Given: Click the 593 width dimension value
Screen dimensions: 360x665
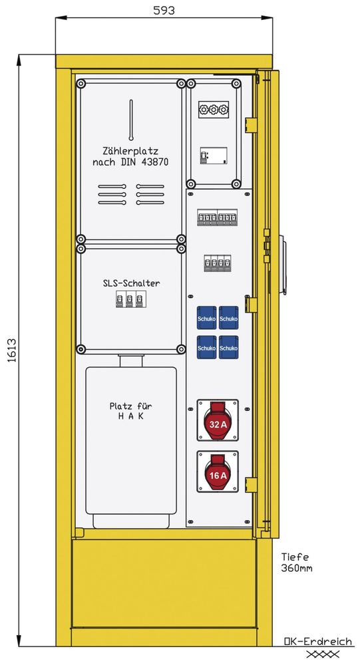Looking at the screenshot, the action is [x=164, y=10].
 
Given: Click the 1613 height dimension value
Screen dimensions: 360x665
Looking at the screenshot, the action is [x=11, y=350].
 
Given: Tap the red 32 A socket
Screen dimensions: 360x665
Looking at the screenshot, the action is [x=218, y=420].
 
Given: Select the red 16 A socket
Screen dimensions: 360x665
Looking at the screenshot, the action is [x=218, y=471].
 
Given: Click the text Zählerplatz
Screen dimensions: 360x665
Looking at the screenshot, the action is [x=130, y=150].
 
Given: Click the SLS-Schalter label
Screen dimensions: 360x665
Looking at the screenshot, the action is [x=131, y=283].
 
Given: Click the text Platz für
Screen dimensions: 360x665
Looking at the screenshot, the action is [x=130, y=406].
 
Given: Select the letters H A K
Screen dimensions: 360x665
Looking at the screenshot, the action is [x=130, y=416].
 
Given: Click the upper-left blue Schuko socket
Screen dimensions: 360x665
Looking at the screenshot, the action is [x=206, y=318].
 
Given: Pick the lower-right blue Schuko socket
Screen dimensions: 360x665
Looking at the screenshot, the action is [x=229, y=347].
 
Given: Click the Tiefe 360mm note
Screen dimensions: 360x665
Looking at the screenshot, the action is [x=296, y=563].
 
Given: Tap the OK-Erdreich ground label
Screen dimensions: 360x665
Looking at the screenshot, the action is [x=318, y=641].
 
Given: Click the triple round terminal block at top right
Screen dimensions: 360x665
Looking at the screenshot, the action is [x=214, y=110].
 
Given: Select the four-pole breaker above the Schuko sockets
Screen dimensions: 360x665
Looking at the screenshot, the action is [x=218, y=263].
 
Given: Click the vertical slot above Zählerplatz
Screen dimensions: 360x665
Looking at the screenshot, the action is [x=131, y=120].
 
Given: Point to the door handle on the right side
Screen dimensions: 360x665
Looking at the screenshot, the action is [x=282, y=267].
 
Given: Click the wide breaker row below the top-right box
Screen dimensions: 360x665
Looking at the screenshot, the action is [x=218, y=217].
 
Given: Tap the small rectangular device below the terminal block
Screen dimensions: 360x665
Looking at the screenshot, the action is [x=214, y=156].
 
